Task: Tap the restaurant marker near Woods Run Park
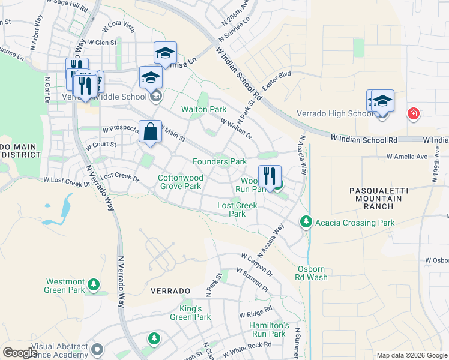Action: tap(270, 176)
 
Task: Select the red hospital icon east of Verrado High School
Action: tap(413, 113)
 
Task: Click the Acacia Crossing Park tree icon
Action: tap(306, 223)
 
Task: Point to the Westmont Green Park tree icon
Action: tap(93, 284)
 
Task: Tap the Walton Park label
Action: tap(204, 110)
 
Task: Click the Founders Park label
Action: tap(220, 162)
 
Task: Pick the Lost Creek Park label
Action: tap(237, 209)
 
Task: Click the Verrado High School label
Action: tap(335, 114)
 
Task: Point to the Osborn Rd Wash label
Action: tap(312, 273)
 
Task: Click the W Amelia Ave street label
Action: tap(406, 156)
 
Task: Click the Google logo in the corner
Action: tap(20, 353)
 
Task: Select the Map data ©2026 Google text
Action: tap(411, 355)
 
